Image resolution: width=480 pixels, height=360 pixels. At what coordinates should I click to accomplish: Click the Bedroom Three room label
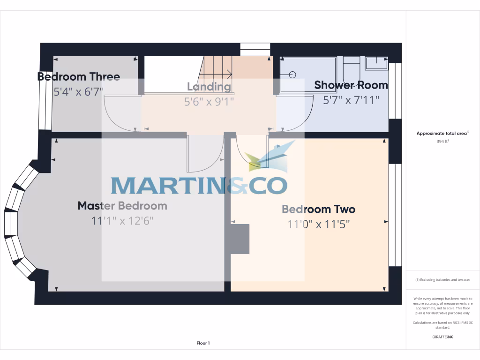pos(79,76)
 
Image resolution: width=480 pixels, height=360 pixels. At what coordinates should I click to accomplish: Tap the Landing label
pos(209,87)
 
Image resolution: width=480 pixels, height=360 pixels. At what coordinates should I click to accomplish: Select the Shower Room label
pos(351,85)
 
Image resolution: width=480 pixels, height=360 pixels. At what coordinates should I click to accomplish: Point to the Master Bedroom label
pos(122,206)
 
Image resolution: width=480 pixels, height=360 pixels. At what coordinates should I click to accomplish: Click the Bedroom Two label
pos(318,209)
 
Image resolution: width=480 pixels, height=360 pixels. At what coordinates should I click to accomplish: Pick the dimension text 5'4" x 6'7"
pos(78,91)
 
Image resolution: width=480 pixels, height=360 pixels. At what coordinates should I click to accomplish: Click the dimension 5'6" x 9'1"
pos(209,101)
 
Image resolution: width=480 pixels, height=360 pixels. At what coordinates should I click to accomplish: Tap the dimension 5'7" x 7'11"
pos(351,100)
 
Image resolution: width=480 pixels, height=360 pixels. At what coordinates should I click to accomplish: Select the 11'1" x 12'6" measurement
pos(122,221)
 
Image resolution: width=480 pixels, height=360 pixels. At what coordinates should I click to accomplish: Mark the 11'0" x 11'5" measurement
pos(318,224)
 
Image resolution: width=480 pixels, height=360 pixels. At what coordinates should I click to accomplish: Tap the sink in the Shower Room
pos(376,62)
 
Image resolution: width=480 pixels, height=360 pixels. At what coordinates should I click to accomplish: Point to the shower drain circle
pos(292,75)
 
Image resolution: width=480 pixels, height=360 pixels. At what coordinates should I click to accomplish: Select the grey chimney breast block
pos(240,239)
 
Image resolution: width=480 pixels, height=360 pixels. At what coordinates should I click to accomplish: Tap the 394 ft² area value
pos(443,141)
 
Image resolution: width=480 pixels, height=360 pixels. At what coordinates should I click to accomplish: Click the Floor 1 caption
pos(203,343)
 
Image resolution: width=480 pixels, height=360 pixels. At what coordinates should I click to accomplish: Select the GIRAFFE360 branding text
pos(443,337)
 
